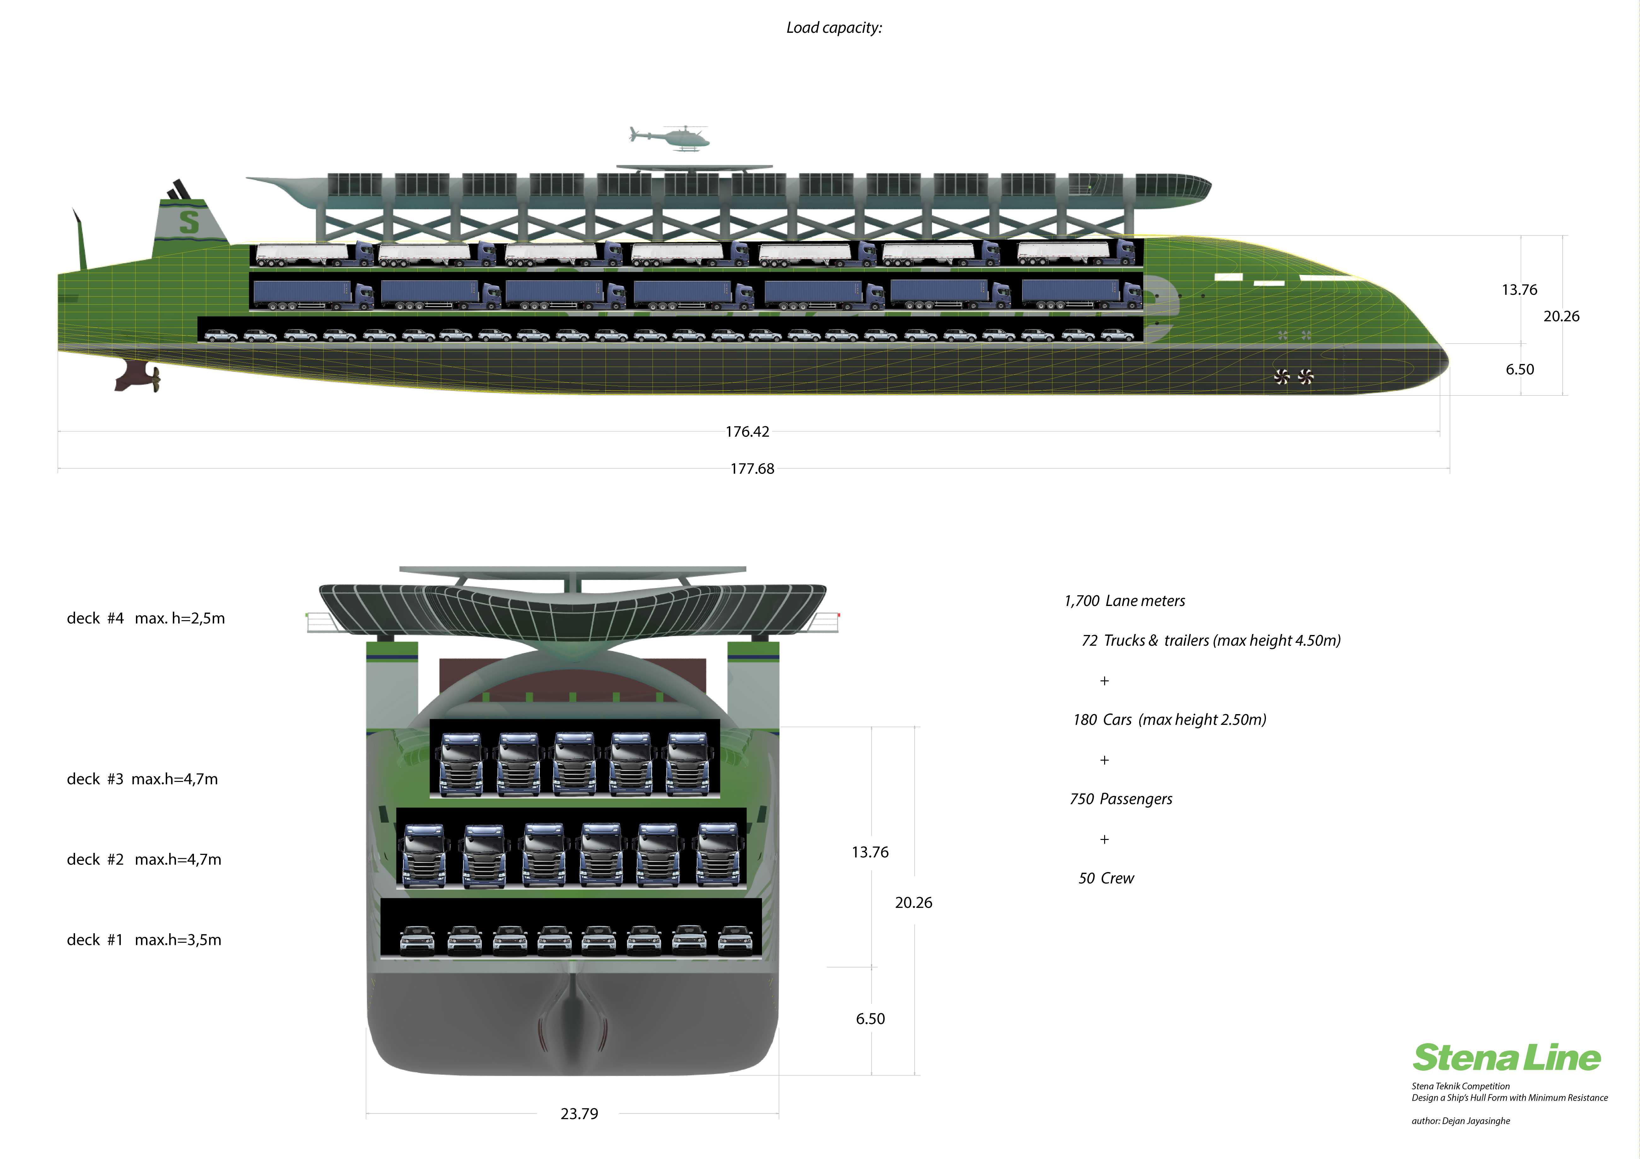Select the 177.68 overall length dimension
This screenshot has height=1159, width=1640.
point(752,469)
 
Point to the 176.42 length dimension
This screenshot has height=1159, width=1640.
point(747,431)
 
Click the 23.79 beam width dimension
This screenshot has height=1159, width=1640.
point(579,1113)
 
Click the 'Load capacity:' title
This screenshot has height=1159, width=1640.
point(834,28)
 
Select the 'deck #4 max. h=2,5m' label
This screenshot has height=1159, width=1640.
point(146,618)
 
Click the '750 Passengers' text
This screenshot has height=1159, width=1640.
point(1121,799)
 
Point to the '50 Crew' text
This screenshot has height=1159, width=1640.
point(1106,878)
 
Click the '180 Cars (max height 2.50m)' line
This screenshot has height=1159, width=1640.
point(1169,720)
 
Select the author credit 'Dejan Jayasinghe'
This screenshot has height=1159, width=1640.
point(1476,1121)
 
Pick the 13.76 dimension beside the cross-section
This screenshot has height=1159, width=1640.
point(870,852)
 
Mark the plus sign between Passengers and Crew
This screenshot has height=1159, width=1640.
point(1104,839)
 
